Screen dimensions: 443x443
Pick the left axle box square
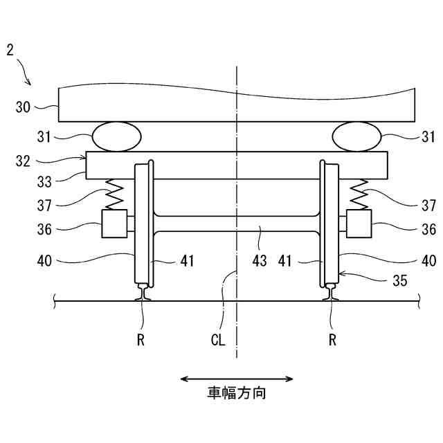point(114,224)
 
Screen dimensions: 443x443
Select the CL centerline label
point(219,341)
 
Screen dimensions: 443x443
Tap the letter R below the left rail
point(141,341)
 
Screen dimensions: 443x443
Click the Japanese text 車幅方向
point(237,394)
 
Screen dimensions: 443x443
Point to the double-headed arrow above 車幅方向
point(237,379)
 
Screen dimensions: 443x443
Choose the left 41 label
point(187,261)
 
